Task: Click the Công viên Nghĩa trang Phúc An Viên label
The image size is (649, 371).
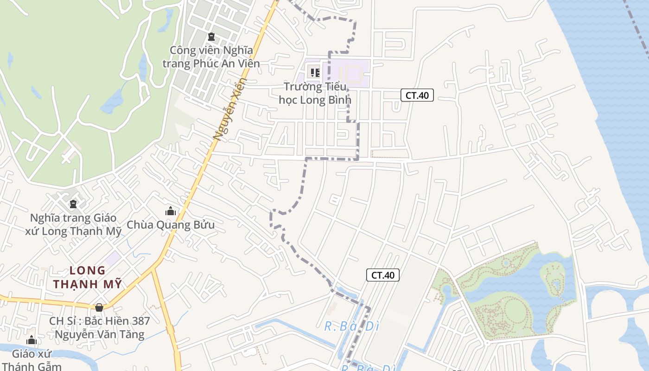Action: [x=211, y=57]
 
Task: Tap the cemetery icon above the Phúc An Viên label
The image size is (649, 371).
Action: [x=211, y=36]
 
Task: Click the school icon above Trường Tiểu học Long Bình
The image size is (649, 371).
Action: [x=315, y=72]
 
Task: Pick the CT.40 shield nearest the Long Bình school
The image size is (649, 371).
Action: [x=417, y=96]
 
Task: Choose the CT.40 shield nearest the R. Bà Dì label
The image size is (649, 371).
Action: [x=383, y=275]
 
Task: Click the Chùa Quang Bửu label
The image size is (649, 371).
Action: [x=171, y=225]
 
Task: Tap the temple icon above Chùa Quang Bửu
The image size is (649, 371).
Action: [x=171, y=211]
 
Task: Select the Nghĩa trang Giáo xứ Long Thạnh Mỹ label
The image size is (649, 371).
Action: [x=73, y=224]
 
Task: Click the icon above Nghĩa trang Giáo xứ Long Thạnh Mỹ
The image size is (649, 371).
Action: [x=73, y=204]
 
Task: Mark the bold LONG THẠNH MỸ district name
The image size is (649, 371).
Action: [x=87, y=277]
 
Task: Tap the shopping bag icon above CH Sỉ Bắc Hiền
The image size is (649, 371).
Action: [x=99, y=307]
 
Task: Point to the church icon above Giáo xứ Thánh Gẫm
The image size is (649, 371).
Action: [x=32, y=340]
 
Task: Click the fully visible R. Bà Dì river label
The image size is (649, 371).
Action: [x=351, y=326]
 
